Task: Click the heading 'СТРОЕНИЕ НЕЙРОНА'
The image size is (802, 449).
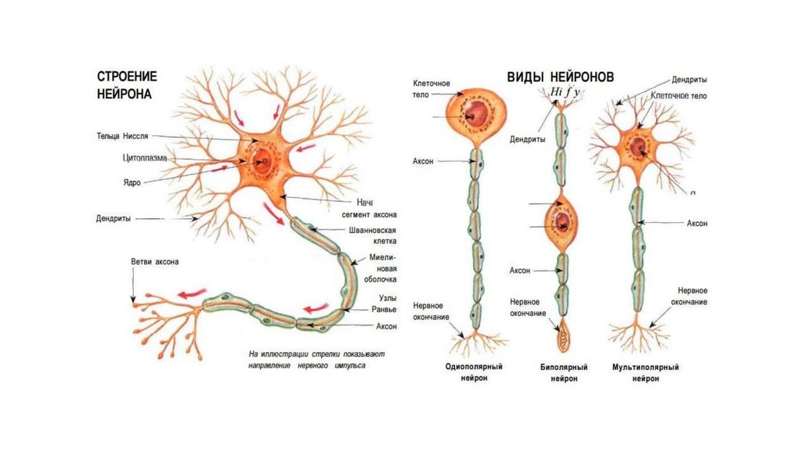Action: click(127, 84)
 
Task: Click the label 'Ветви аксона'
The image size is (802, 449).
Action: click(154, 261)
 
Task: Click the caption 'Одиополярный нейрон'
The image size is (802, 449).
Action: click(473, 372)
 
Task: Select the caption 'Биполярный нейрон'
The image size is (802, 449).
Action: click(559, 372)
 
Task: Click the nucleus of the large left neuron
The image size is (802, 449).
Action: click(262, 161)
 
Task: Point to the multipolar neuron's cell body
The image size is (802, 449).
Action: click(638, 146)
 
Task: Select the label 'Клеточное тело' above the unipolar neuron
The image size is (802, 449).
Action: click(430, 88)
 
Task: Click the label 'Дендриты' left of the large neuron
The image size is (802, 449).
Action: click(114, 219)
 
